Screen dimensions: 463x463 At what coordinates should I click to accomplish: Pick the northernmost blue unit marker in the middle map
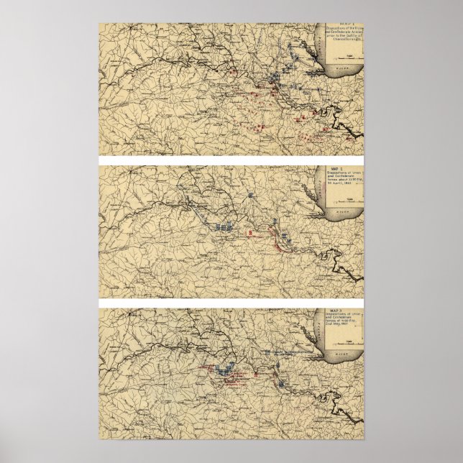click(x=249, y=194)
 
